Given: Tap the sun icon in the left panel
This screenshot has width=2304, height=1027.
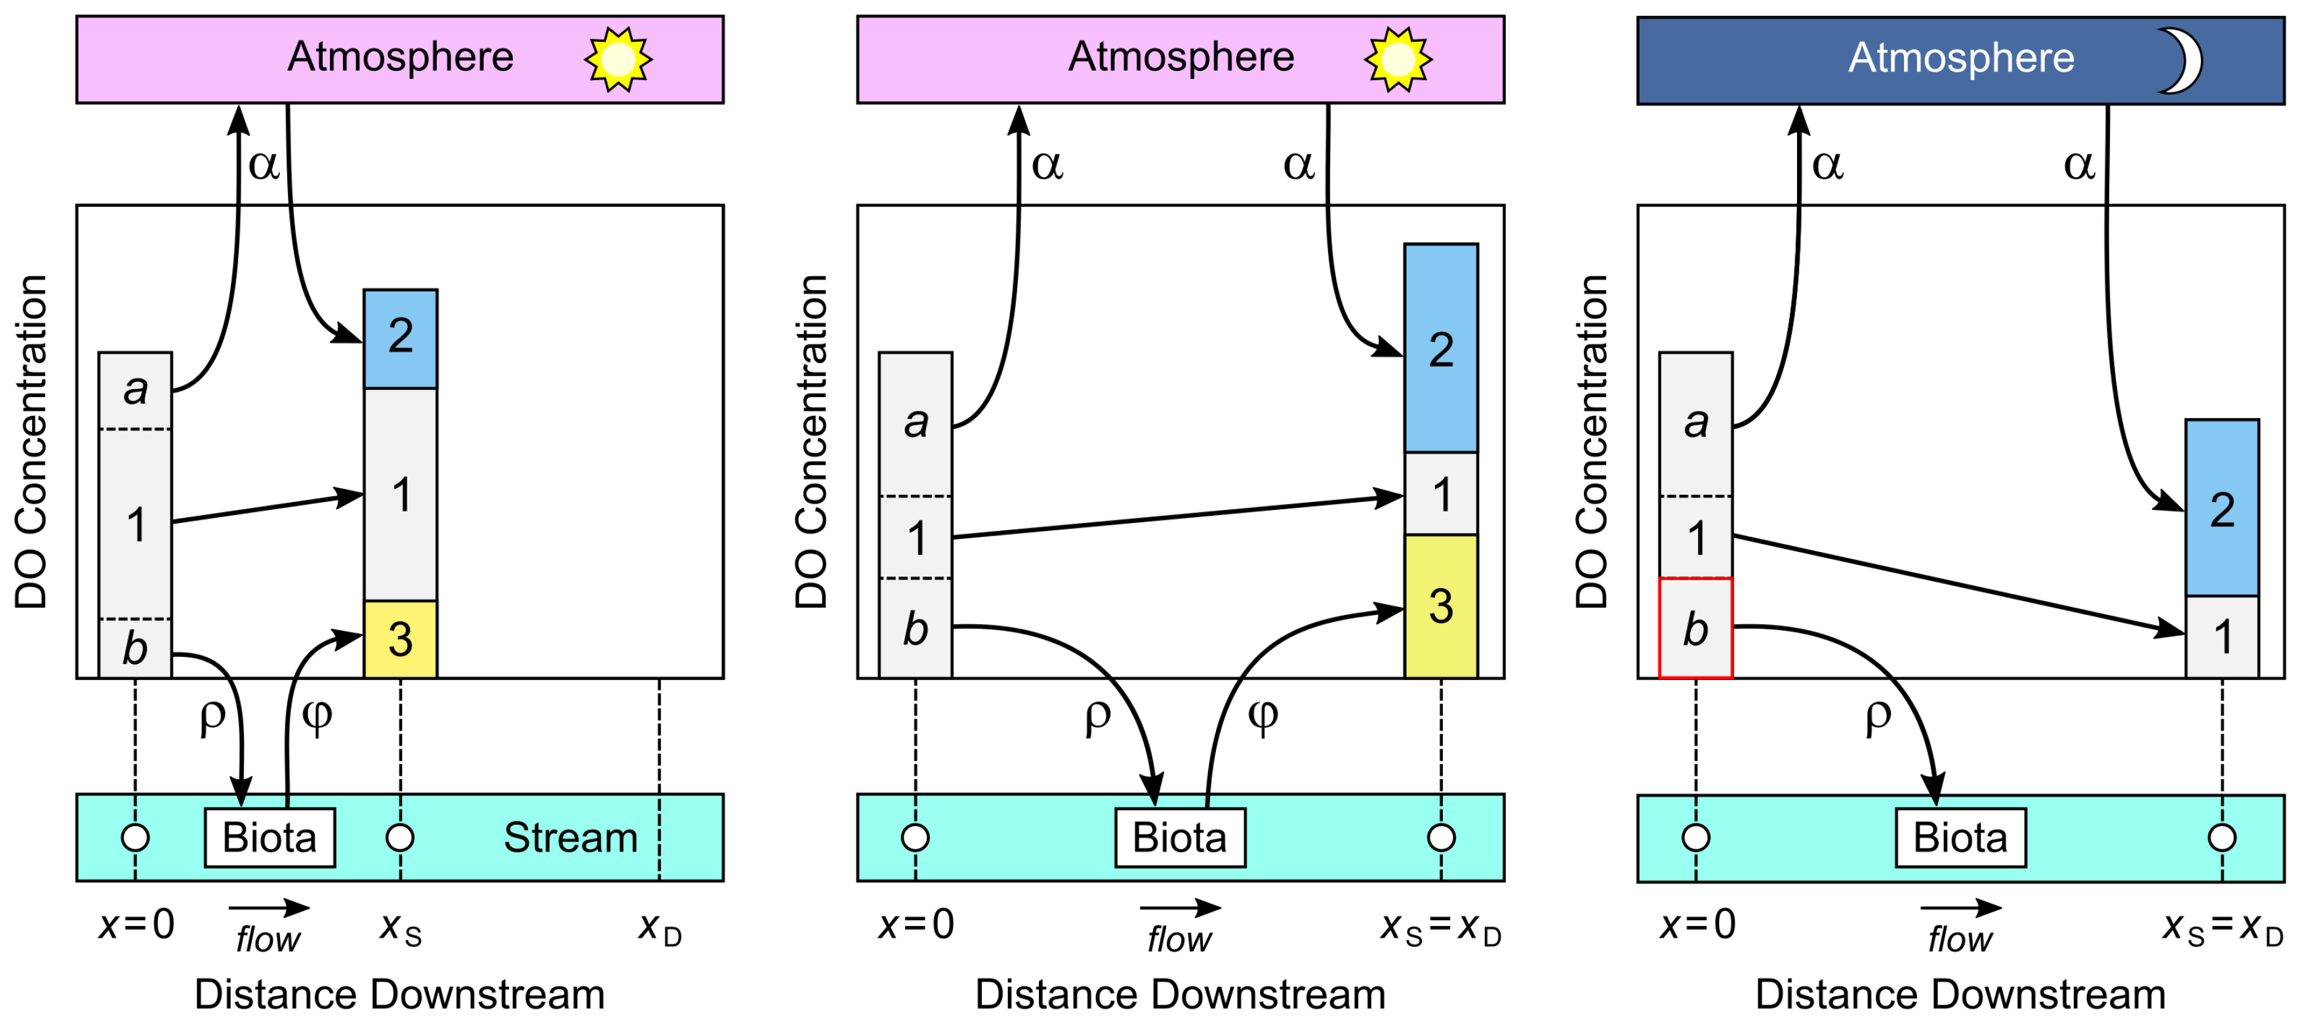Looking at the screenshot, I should click(618, 59).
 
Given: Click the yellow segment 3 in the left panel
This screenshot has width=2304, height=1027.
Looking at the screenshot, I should click(400, 639).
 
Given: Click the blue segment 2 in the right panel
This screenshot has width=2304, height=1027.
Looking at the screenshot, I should click(2222, 507).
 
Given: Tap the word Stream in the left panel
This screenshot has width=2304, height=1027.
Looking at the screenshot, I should click(571, 838).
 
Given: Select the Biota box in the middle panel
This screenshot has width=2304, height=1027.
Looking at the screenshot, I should click(1180, 838).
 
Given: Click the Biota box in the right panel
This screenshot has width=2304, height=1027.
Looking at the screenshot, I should click(1960, 838).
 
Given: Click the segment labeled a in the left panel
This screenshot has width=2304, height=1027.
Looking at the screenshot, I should click(135, 390).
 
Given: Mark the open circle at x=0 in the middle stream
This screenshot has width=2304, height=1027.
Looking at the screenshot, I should click(915, 838).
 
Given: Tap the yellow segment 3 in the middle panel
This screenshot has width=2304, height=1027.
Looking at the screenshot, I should click(1440, 606).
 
